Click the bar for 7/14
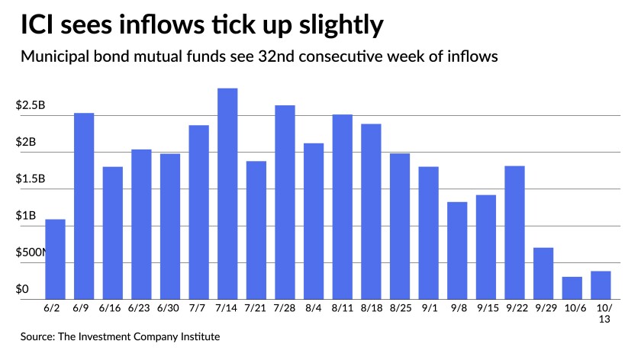click(227, 194)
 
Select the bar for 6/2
click(55, 259)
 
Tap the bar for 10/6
click(572, 288)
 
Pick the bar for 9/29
click(543, 273)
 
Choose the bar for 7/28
click(285, 202)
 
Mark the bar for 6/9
click(84, 206)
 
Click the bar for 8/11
click(343, 207)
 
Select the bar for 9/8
click(457, 250)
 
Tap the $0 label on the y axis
click(23, 290)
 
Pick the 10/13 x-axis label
click(601, 316)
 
